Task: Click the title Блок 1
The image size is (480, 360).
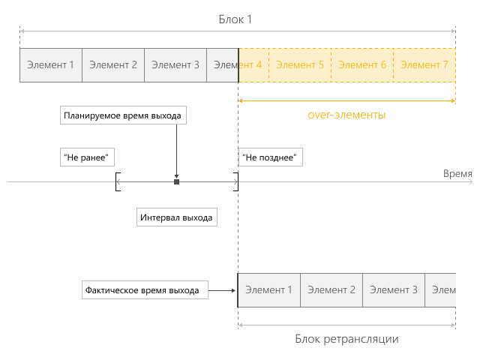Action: (x=235, y=19)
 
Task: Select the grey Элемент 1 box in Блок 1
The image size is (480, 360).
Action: (x=51, y=65)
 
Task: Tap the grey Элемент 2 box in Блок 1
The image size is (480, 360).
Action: (x=113, y=65)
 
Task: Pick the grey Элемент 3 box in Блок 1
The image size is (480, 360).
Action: (x=175, y=65)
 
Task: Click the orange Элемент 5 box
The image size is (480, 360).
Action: (x=300, y=65)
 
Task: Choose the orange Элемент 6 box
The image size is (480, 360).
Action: (x=362, y=65)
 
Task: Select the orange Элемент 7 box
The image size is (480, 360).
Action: (x=424, y=65)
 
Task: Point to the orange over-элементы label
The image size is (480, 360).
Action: (x=346, y=115)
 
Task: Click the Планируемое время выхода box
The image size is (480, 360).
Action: (x=123, y=115)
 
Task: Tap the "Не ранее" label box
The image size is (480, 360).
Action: (x=87, y=157)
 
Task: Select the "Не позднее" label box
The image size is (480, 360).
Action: (x=271, y=157)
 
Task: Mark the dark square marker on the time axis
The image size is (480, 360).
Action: (x=177, y=181)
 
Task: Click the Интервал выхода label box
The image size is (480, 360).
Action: (x=177, y=217)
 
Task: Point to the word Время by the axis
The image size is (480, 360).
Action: (x=457, y=173)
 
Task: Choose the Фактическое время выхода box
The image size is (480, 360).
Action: (x=145, y=290)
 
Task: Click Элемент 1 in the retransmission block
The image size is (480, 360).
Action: (x=269, y=290)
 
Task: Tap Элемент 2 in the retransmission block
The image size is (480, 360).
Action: (x=331, y=290)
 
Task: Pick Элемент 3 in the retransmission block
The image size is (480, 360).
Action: (x=394, y=290)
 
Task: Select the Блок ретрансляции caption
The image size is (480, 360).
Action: (x=346, y=339)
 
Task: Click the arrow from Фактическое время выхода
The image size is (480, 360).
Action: (x=222, y=290)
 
